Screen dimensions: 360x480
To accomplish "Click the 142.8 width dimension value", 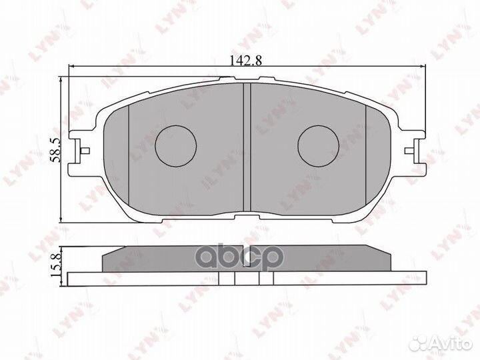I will (x=245, y=59).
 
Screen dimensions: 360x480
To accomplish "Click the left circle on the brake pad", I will (x=176, y=145).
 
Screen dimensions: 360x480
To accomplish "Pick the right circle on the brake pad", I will (x=319, y=145).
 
